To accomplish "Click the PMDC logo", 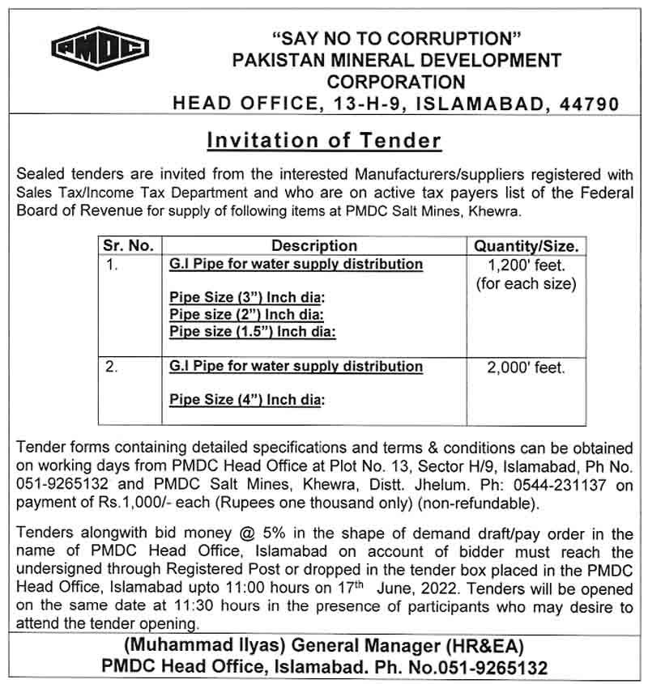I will (x=100, y=49).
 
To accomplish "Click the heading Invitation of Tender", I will (x=324, y=140).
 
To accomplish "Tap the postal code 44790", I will (x=585, y=104).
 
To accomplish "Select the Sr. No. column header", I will (x=128, y=246).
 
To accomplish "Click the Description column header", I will (x=314, y=246).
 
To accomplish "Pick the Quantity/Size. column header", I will (x=526, y=246).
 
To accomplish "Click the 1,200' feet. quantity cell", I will (x=526, y=266).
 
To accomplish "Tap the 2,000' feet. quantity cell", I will (x=526, y=368).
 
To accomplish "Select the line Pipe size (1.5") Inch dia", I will (x=253, y=331).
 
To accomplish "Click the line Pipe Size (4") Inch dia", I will (x=247, y=399).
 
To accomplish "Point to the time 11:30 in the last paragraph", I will (x=192, y=607).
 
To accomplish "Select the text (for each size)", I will (x=526, y=283).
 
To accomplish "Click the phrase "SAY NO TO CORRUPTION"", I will (x=396, y=39).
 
